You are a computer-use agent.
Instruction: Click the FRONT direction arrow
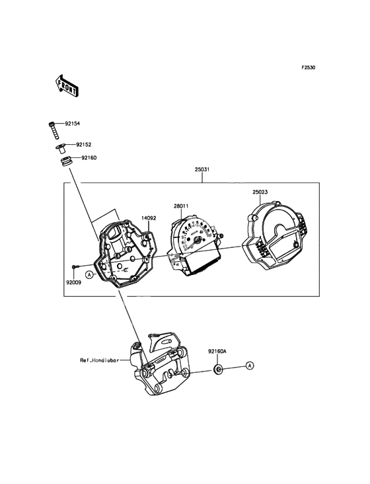pyautogui.click(x=66, y=86)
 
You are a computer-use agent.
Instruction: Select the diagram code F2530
pyautogui.click(x=308, y=67)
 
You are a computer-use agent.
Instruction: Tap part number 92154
pyautogui.click(x=72, y=124)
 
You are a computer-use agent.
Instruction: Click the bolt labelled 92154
pyautogui.click(x=53, y=130)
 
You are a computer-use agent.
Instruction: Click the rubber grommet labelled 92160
pyautogui.click(x=66, y=161)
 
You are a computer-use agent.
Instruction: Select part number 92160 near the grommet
pyautogui.click(x=89, y=158)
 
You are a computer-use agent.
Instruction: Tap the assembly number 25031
pyautogui.click(x=202, y=169)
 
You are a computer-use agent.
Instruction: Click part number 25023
pyautogui.click(x=260, y=192)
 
